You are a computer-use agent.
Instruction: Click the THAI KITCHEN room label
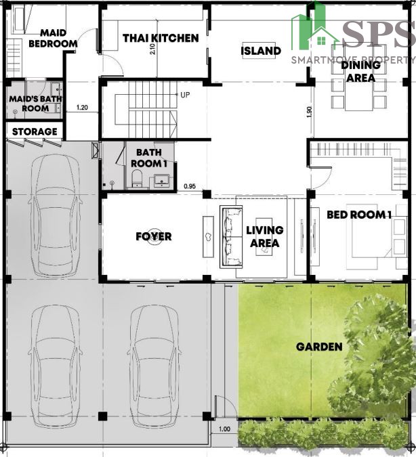[161, 38]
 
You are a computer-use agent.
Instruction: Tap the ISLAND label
[261, 51]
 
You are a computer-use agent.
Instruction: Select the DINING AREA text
[361, 71]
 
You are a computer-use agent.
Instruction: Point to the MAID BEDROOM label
[53, 38]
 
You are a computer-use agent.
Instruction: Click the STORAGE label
[35, 132]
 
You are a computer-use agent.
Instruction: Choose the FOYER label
[154, 236]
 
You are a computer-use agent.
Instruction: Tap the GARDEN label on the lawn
[319, 347]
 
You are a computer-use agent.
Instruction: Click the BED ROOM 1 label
[359, 215]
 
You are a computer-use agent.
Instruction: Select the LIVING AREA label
[265, 237]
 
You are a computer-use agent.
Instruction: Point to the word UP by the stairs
[185, 95]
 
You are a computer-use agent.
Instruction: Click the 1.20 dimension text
[82, 108]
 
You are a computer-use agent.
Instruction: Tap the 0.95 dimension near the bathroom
[190, 186]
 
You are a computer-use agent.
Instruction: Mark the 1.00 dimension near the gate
[224, 429]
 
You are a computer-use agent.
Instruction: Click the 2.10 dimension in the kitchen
[152, 49]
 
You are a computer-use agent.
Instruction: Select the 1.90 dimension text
[310, 112]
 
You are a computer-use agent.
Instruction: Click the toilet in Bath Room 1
[137, 178]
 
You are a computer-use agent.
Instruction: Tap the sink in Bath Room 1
[161, 181]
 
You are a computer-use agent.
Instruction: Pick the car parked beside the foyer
[55, 215]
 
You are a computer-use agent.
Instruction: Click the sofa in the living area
[231, 237]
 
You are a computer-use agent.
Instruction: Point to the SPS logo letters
[379, 34]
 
